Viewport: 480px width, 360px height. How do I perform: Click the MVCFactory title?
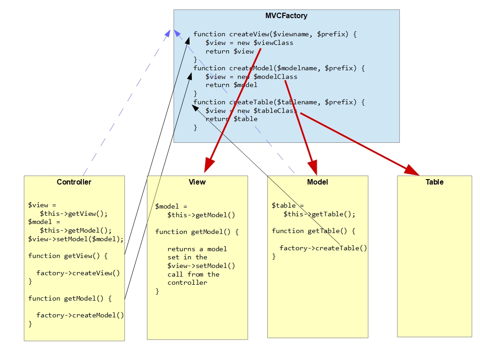(286, 16)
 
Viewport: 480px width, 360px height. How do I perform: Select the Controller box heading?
(74, 182)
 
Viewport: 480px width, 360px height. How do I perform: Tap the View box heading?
(197, 182)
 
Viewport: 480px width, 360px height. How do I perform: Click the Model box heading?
(318, 182)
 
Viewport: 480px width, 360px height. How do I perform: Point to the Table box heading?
(434, 182)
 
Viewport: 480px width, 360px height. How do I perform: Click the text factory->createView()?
(78, 273)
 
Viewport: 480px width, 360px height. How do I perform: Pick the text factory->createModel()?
(80, 316)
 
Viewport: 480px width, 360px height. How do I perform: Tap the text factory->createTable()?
(323, 248)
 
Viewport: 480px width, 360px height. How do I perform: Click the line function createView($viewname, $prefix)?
(275, 34)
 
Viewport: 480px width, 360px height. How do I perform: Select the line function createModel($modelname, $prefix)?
(279, 68)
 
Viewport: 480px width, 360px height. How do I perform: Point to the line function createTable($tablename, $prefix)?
(279, 102)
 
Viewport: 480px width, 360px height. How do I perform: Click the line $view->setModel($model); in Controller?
(75, 239)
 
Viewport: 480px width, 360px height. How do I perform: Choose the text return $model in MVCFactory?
(231, 85)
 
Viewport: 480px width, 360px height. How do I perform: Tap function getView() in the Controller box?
(68, 256)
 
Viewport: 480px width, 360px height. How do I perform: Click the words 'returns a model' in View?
(197, 249)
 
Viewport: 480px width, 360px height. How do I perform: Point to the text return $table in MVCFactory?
(231, 119)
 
